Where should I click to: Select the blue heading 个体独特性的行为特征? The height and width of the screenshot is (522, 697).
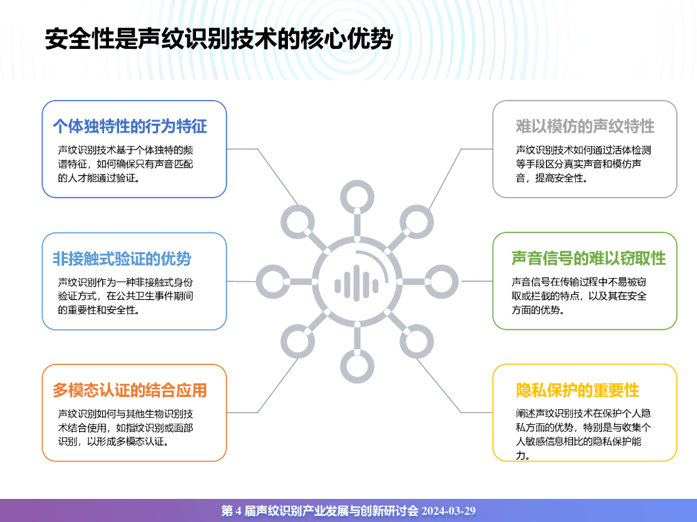tap(130, 126)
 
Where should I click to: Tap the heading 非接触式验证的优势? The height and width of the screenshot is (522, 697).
tap(122, 258)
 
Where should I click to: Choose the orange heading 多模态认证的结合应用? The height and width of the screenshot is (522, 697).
tap(130, 390)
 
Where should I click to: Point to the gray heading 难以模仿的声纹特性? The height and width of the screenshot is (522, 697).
tap(585, 126)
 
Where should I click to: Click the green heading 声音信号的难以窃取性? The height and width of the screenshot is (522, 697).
tap(589, 258)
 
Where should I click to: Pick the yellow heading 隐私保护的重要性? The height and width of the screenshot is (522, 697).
tap(578, 390)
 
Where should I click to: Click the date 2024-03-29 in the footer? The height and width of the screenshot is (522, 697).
tap(449, 511)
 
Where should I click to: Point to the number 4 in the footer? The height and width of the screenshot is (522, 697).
tap(238, 511)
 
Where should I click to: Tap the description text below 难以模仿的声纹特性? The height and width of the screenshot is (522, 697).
tap(583, 164)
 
